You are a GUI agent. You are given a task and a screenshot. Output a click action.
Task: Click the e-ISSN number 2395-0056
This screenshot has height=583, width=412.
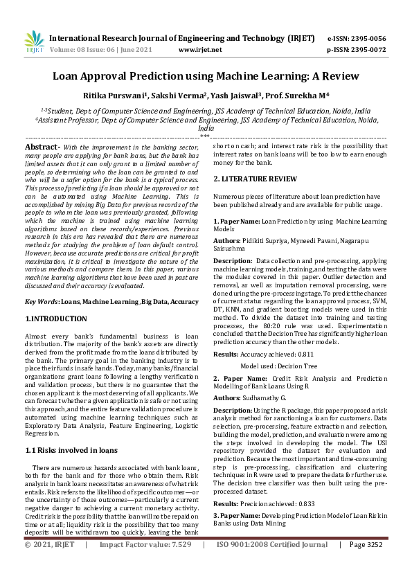point(370,38)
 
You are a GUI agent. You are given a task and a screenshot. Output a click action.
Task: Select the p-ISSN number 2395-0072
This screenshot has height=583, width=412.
point(370,50)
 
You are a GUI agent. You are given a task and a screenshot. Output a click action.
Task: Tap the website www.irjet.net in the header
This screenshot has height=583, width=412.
point(200,50)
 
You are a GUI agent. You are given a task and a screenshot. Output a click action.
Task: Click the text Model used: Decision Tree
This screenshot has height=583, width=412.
point(278,366)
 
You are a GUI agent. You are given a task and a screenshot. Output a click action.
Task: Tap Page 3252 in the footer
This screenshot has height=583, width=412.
point(366,564)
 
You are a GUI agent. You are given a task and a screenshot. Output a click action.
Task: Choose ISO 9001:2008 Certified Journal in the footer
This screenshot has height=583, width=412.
point(273,564)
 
